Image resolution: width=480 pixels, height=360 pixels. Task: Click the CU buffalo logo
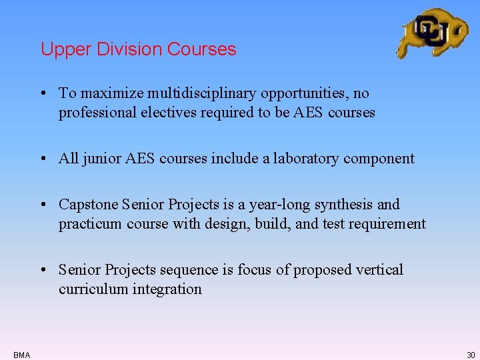[x=433, y=32]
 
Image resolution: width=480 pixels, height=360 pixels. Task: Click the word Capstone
[x=87, y=205]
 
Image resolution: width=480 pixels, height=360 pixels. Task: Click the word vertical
[x=381, y=270]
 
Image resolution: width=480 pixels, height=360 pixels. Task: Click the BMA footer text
[x=21, y=355]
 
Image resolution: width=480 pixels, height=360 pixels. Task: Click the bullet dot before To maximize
[x=43, y=94]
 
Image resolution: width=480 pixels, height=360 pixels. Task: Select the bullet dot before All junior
[x=43, y=159]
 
